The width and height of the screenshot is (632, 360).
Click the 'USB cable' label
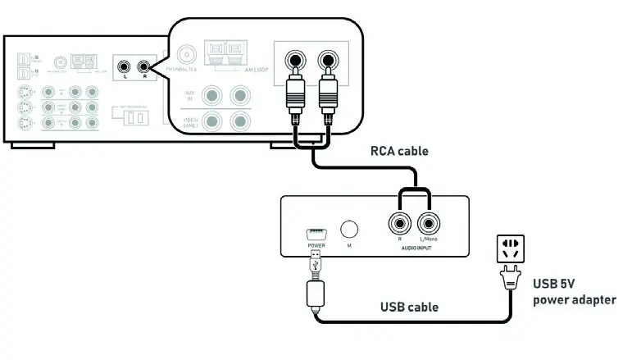(x=409, y=308)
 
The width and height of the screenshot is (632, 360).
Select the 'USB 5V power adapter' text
(x=574, y=291)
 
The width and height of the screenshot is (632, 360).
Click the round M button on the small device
(x=350, y=230)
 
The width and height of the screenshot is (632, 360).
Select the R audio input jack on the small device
(x=401, y=222)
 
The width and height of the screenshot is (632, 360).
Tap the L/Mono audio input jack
(x=429, y=222)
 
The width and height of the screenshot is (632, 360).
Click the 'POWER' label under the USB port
(x=316, y=244)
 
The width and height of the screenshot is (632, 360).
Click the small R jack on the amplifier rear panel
(x=144, y=66)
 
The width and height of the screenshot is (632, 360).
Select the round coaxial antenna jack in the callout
(x=187, y=56)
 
